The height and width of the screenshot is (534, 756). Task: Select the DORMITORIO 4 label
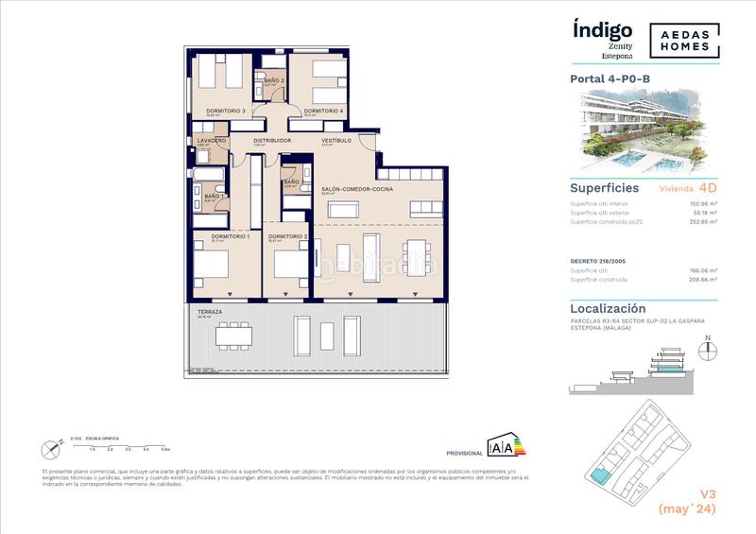pos(322,111)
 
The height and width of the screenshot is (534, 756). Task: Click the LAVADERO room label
pos(211,140)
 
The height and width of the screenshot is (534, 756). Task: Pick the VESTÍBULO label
pos(335,140)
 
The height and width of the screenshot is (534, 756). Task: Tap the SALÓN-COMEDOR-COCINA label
pos(356,190)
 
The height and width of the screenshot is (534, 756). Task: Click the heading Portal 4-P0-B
pos(608,79)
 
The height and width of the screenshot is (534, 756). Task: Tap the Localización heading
pos(609,308)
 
